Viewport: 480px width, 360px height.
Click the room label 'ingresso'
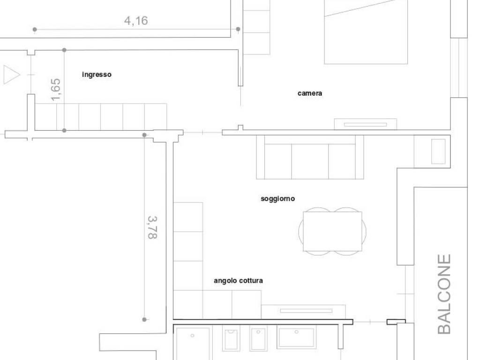tap(97, 75)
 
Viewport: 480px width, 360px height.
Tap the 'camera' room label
tap(310, 93)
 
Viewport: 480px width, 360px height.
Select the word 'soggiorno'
tap(277, 199)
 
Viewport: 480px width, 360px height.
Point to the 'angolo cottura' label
tap(238, 280)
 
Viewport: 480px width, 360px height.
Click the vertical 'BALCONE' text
tap(444, 294)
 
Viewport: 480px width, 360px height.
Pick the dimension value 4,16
tap(136, 21)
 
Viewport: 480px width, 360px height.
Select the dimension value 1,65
tap(56, 90)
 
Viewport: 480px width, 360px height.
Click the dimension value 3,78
tap(152, 227)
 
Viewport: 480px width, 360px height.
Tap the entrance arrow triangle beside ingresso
tap(12, 75)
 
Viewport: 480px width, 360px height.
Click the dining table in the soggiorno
tap(332, 231)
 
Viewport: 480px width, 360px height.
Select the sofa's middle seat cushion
tap(310, 161)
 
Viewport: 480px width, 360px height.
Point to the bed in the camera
tap(366, 32)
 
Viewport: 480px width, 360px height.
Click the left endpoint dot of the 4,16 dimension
tap(35, 30)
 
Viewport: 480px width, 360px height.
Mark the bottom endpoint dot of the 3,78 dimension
tap(144, 319)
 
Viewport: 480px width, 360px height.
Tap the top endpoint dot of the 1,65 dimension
tap(64, 50)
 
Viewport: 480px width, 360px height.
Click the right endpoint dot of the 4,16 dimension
tap(238, 29)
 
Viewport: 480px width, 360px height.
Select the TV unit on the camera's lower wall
tap(366, 124)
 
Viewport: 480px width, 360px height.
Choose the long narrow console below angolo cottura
tap(303, 312)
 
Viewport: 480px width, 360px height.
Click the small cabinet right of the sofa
tap(432, 151)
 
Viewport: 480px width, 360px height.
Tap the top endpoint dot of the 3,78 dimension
tap(144, 135)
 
